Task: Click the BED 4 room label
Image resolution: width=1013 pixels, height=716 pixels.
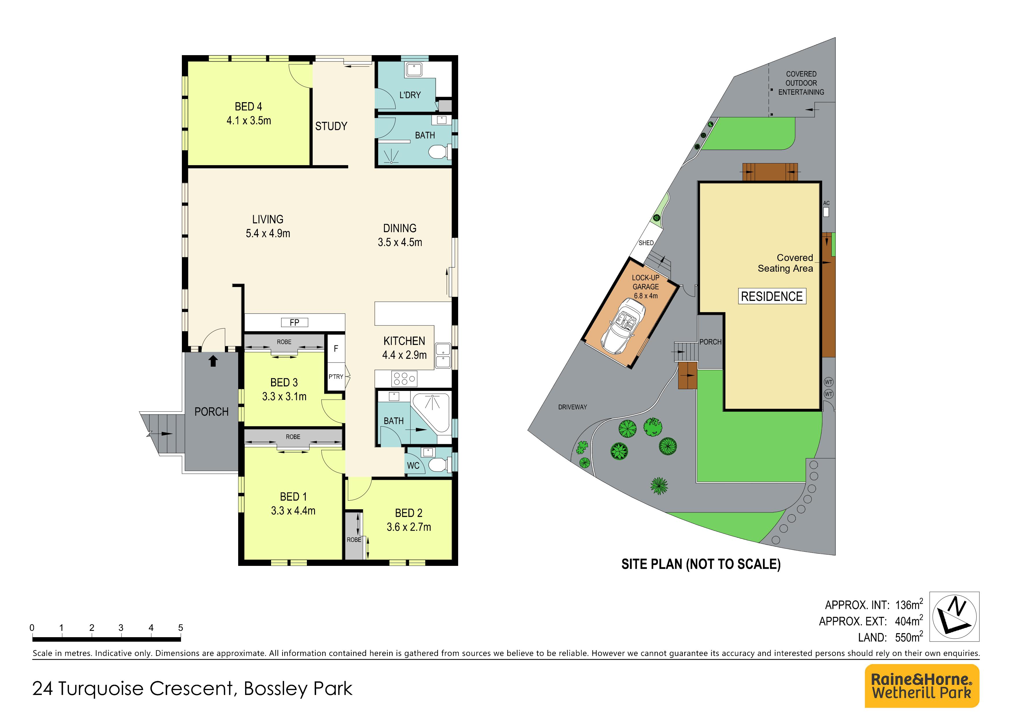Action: point(248,107)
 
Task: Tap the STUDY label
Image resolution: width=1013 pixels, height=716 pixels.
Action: point(331,126)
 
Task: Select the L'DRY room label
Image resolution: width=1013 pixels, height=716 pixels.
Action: point(410,95)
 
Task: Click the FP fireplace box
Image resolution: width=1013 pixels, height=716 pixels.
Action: point(294,322)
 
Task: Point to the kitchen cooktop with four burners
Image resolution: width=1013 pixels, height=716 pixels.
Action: point(404,378)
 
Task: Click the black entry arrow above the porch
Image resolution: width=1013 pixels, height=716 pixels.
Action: point(213,361)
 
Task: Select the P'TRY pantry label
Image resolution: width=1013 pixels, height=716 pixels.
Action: point(336,377)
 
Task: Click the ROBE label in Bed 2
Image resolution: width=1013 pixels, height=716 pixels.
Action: point(354,540)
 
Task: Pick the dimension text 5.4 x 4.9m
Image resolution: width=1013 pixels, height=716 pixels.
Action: point(268,233)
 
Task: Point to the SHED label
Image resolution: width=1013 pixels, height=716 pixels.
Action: point(646,243)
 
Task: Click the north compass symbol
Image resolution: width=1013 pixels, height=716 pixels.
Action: point(954,616)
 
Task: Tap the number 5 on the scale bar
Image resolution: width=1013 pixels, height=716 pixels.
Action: point(180,627)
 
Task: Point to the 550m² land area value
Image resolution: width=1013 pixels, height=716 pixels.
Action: point(909,637)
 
